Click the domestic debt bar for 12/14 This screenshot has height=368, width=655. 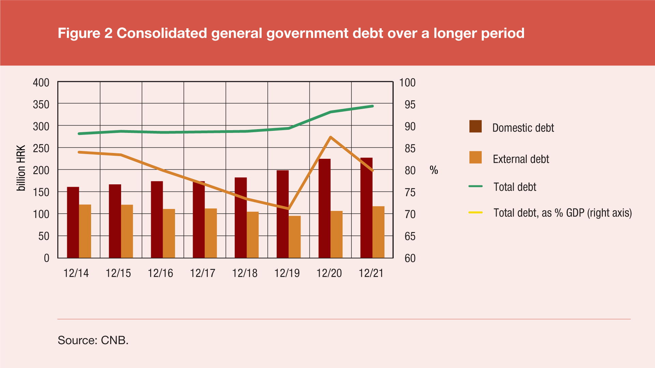[73, 222]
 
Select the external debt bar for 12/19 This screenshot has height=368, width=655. [295, 237]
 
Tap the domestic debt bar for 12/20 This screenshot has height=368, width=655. [324, 208]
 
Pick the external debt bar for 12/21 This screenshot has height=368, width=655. [378, 232]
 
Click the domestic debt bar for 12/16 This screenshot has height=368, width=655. [157, 219]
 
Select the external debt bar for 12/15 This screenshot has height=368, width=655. [127, 231]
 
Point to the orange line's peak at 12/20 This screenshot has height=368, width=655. [331, 137]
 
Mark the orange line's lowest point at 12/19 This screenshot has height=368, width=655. [288, 208]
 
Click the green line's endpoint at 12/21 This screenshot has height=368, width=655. [373, 106]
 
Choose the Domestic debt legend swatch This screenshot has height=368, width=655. [475, 126]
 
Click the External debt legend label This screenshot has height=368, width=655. [521, 159]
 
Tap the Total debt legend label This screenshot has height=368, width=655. [515, 187]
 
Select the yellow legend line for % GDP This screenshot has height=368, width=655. [476, 213]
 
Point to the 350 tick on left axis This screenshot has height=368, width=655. [41, 105]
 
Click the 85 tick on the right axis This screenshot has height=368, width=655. [410, 149]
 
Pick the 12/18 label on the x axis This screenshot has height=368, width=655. [245, 273]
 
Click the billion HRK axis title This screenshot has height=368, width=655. [21, 168]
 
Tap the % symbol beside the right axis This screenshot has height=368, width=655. [434, 170]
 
